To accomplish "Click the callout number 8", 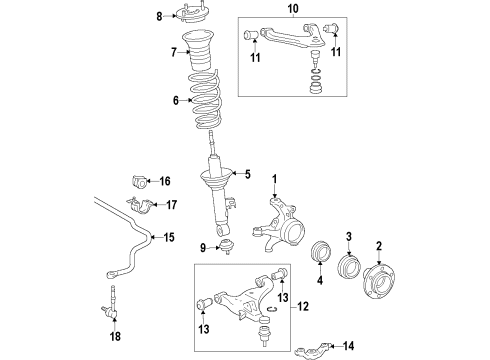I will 158,15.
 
